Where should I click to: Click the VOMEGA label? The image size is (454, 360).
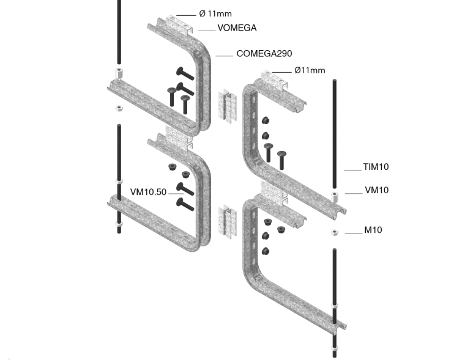[236, 28]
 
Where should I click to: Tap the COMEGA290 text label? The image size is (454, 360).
[264, 54]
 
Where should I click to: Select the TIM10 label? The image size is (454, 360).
[376, 167]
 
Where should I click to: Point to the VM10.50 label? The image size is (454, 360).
[148, 191]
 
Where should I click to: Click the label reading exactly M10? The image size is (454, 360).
[373, 230]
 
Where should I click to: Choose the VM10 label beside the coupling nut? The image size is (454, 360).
[376, 190]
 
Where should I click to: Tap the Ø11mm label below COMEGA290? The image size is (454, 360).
[310, 70]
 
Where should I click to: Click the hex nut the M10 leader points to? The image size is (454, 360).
[334, 232]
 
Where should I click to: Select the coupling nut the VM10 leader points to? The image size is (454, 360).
[335, 196]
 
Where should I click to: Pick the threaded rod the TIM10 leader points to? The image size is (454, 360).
[335, 134]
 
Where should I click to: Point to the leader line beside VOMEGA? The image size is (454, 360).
[206, 29]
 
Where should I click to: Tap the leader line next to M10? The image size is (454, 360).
[354, 233]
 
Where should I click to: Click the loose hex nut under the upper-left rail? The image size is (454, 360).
[119, 108]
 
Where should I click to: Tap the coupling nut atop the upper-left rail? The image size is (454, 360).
[118, 74]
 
